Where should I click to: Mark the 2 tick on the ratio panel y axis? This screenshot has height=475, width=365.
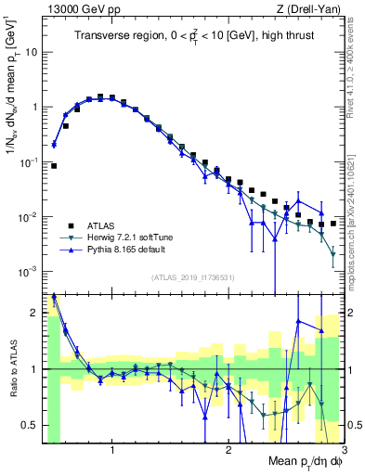pyautogui.click(x=34, y=314)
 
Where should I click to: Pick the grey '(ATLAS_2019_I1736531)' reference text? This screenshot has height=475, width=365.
pyautogui.click(x=193, y=278)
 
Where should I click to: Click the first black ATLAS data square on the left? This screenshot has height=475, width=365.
pyautogui.click(x=54, y=166)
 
